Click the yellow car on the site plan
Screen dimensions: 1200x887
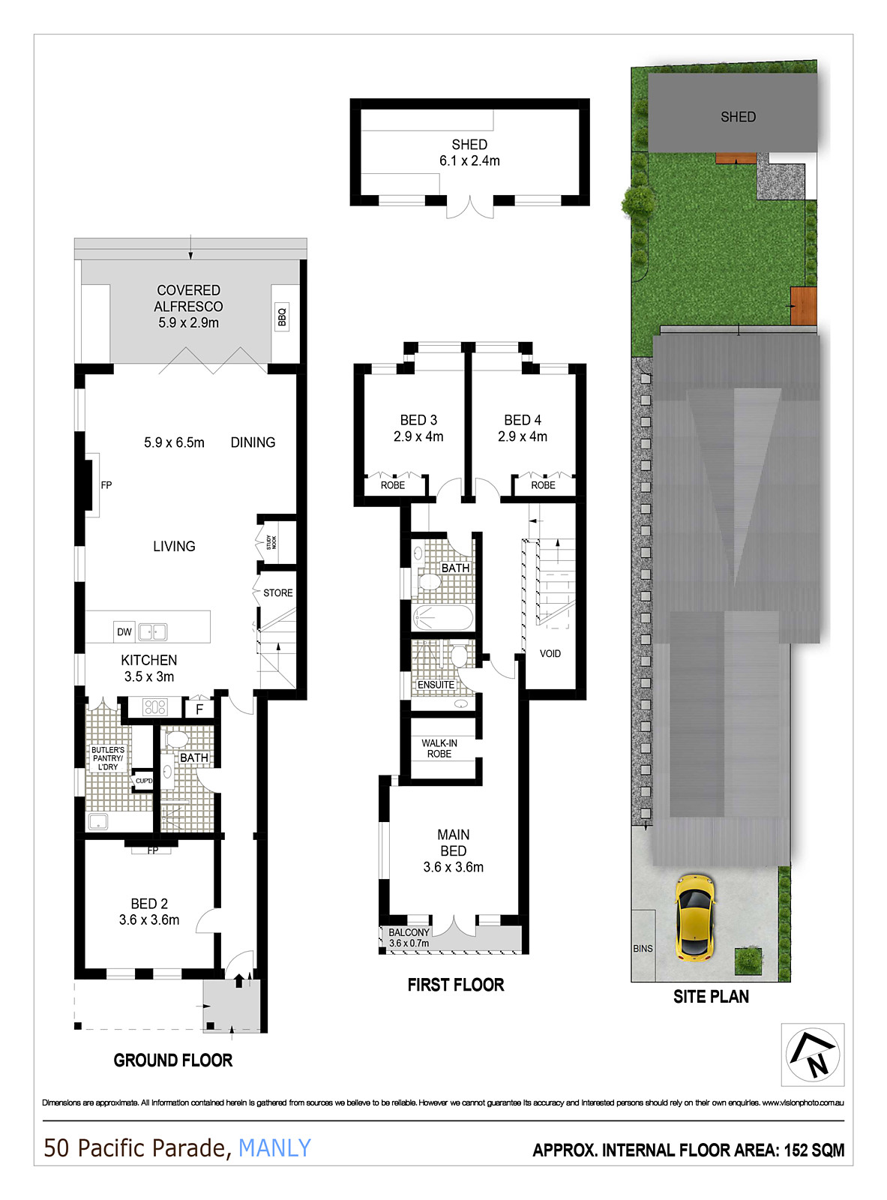[694, 916]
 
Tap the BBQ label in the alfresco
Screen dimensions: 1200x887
[282, 317]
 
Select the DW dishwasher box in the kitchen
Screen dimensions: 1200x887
[124, 632]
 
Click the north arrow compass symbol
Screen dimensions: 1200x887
[813, 1054]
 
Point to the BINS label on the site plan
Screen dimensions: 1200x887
[643, 949]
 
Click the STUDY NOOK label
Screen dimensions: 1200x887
[271, 542]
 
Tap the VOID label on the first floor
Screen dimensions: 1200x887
[550, 654]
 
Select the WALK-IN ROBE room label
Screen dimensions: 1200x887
[439, 748]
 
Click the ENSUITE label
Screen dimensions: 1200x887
[436, 685]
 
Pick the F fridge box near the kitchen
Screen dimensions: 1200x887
[199, 709]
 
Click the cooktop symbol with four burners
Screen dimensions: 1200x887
[155, 707]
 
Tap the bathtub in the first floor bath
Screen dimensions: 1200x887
[443, 619]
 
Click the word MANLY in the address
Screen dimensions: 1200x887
[274, 1147]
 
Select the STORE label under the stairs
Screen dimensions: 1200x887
[277, 592]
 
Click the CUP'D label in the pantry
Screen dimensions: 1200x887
[143, 781]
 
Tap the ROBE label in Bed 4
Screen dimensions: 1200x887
[543, 485]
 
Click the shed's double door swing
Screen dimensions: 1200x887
[470, 208]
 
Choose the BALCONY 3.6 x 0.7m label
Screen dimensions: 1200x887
[409, 937]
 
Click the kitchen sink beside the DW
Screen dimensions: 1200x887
[152, 632]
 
